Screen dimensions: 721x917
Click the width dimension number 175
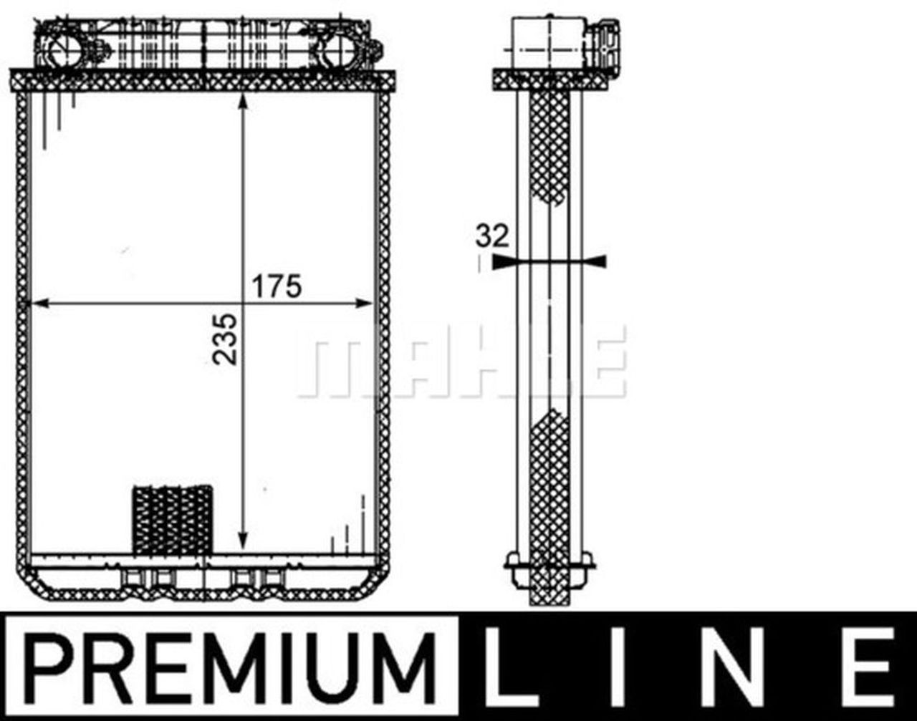[276, 286]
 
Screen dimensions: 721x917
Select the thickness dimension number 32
[492, 236]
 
